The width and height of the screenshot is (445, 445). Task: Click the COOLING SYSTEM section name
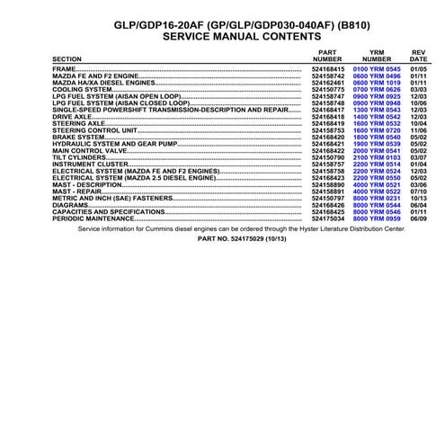pos(81,89)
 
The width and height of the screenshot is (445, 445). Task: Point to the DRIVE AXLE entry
pos(71,116)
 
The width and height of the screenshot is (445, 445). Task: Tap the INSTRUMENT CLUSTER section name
pos(88,165)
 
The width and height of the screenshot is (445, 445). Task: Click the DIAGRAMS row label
pos(70,206)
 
